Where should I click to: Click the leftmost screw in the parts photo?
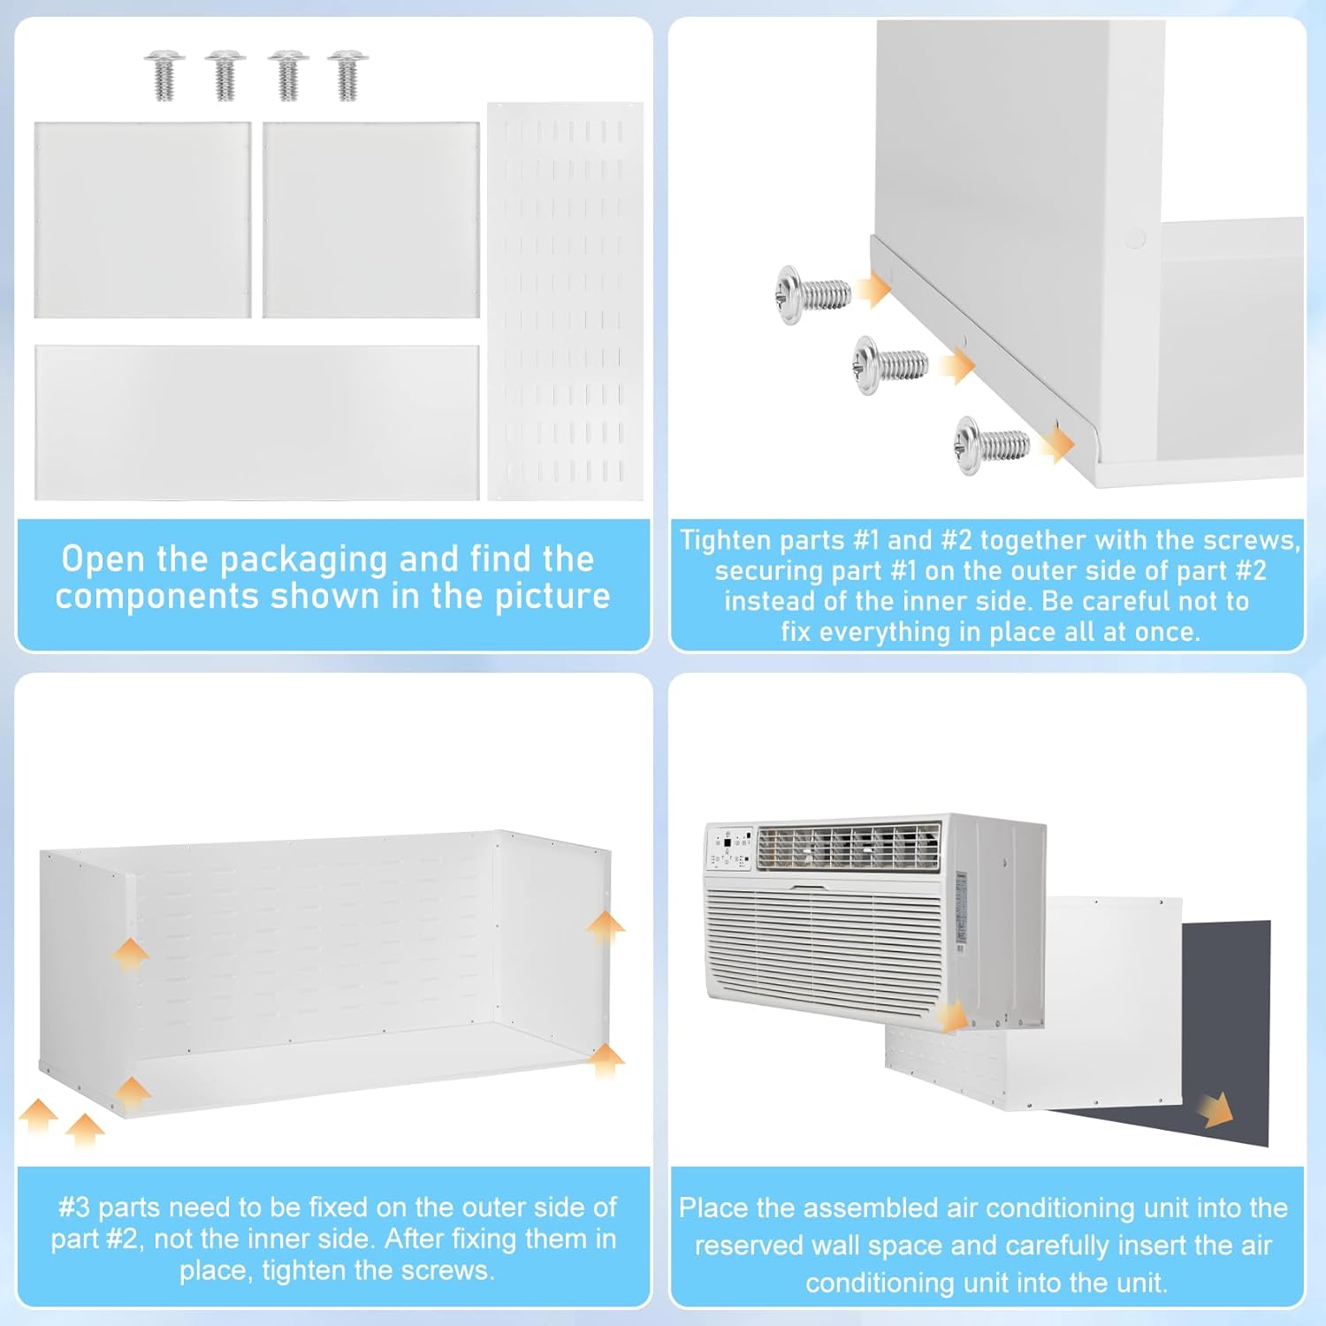[x=164, y=75]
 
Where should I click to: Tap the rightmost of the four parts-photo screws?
[x=347, y=75]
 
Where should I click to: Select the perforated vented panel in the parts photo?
[x=565, y=301]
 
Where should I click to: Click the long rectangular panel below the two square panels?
[x=257, y=423]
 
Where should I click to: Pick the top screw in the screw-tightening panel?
[x=813, y=293]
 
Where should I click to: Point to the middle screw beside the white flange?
[x=890, y=364]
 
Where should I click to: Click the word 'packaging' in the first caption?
[x=303, y=560]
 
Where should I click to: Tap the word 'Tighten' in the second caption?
[x=725, y=540]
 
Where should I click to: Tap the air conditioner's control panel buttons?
[x=730, y=849]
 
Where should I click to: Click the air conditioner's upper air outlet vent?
[x=849, y=846]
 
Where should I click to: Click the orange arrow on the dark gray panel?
[x=1217, y=1109]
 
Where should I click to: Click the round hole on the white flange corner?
[x=1136, y=237]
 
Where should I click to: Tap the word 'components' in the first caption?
[x=156, y=598]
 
